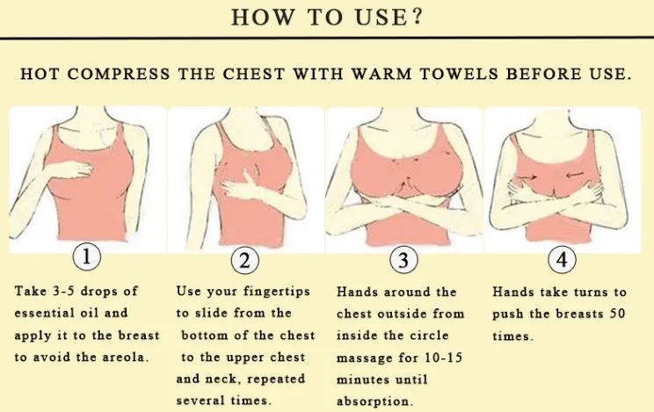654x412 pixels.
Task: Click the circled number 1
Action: pyautogui.click(x=87, y=257)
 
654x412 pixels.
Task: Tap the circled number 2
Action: pyautogui.click(x=245, y=260)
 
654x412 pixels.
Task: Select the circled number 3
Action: pyautogui.click(x=403, y=260)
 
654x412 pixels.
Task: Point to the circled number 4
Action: pyautogui.click(x=562, y=259)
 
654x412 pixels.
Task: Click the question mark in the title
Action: pyautogui.click(x=418, y=17)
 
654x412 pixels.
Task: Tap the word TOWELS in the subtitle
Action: pyautogui.click(x=459, y=74)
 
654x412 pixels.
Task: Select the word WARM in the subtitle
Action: pyautogui.click(x=381, y=74)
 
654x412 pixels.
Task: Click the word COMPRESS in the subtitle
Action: pyautogui.click(x=119, y=74)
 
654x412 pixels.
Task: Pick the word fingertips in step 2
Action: pyautogui.click(x=277, y=291)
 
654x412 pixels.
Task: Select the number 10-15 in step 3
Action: pyautogui.click(x=443, y=358)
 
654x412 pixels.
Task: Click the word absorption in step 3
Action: pyautogui.click(x=374, y=401)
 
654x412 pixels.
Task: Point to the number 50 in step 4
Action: pyautogui.click(x=617, y=313)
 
